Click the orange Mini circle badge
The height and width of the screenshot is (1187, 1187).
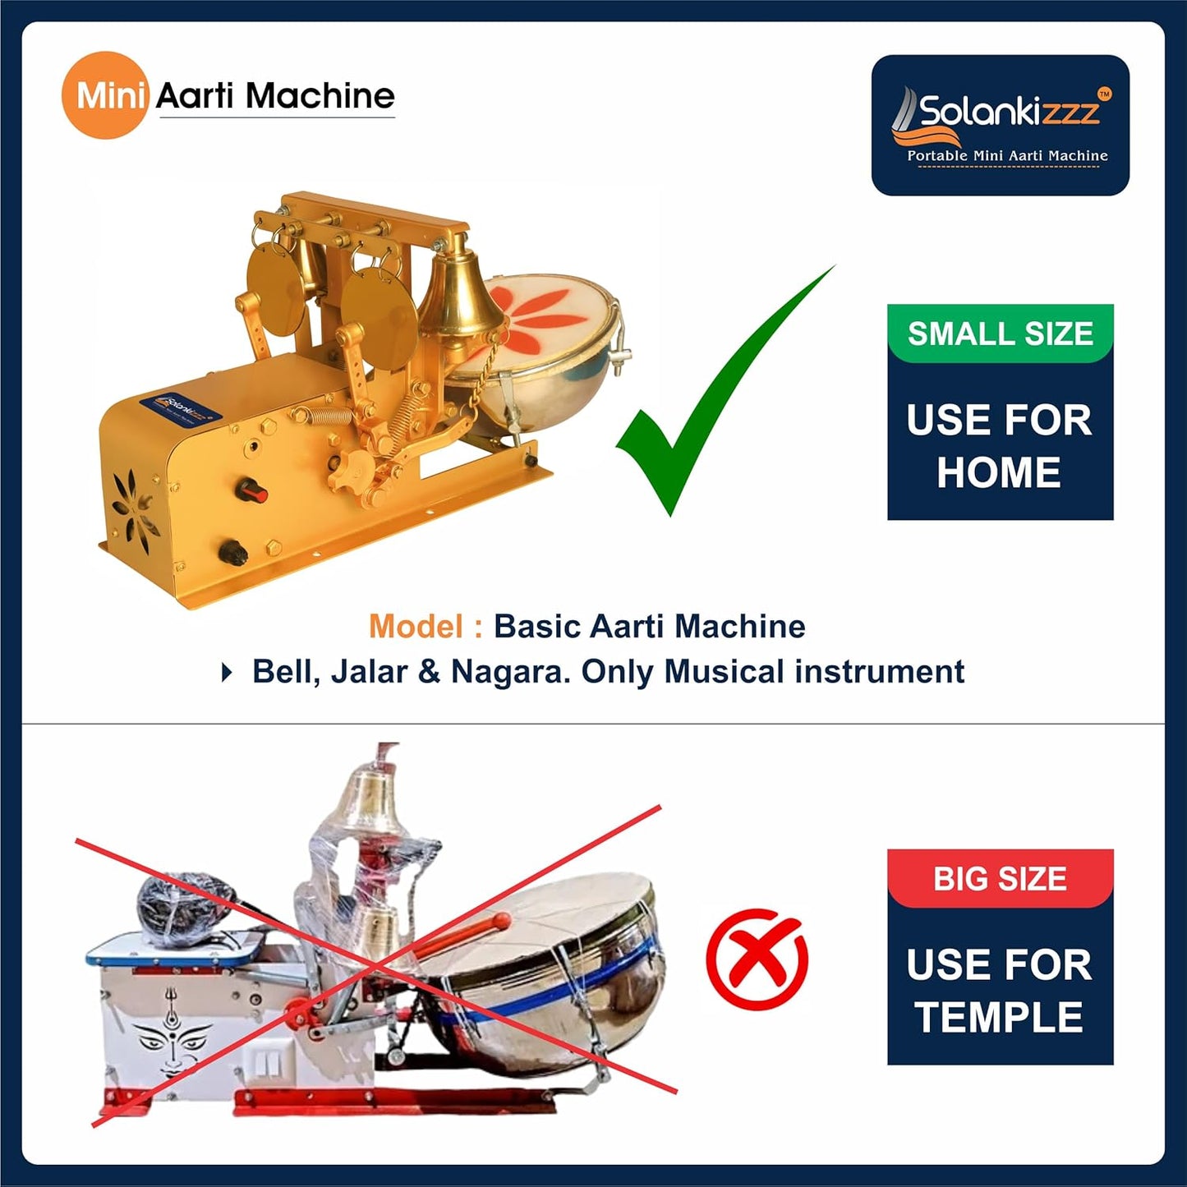pyautogui.click(x=104, y=95)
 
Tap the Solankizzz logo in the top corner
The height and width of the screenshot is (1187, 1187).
pyautogui.click(x=1000, y=125)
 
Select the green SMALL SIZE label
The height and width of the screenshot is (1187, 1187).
pyautogui.click(x=1000, y=333)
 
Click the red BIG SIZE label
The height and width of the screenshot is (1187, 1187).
pyautogui.click(x=1000, y=878)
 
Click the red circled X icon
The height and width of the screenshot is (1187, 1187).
pyautogui.click(x=757, y=959)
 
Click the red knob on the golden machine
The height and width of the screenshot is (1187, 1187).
pyautogui.click(x=253, y=491)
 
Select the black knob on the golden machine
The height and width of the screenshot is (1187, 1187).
pyautogui.click(x=234, y=552)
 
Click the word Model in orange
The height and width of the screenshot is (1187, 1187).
pyautogui.click(x=415, y=627)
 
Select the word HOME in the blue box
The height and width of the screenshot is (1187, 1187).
pyautogui.click(x=999, y=472)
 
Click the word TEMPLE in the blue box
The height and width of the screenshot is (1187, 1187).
pyautogui.click(x=999, y=1017)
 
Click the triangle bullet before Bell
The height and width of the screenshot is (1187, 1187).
pyautogui.click(x=227, y=673)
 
